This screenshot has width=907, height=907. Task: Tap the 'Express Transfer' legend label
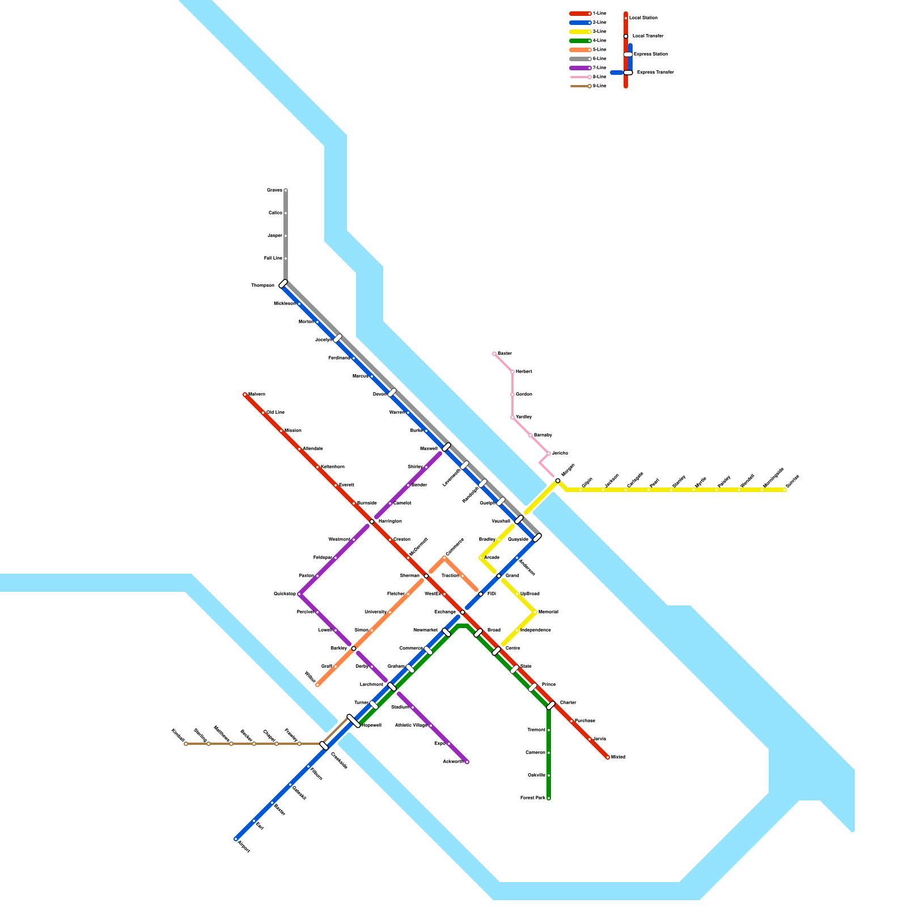pos(655,73)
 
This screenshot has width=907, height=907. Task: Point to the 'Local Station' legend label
pos(643,18)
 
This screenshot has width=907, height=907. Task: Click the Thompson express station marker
pos(283,284)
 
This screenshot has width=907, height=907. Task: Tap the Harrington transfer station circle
pos(372,522)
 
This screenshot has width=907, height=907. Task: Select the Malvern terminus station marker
pos(245,395)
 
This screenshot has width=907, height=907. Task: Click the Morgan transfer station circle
pos(558,481)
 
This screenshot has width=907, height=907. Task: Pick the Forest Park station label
pos(533,798)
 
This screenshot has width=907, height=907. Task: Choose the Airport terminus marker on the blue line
pos(236,839)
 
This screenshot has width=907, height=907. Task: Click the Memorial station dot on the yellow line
pos(535,612)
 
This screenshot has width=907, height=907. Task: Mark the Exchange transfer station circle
pos(463,612)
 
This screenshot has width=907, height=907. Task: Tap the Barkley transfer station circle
pos(354,649)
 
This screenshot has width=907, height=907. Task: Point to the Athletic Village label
pos(411,726)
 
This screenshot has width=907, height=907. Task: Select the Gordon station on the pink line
pos(512,395)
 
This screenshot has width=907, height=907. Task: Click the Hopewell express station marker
pos(354,721)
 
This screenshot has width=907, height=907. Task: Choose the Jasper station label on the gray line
pos(275,236)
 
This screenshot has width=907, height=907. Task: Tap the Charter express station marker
pos(550,705)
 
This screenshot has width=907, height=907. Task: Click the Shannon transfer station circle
pos(426,576)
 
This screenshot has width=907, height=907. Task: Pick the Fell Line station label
pos(273,258)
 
